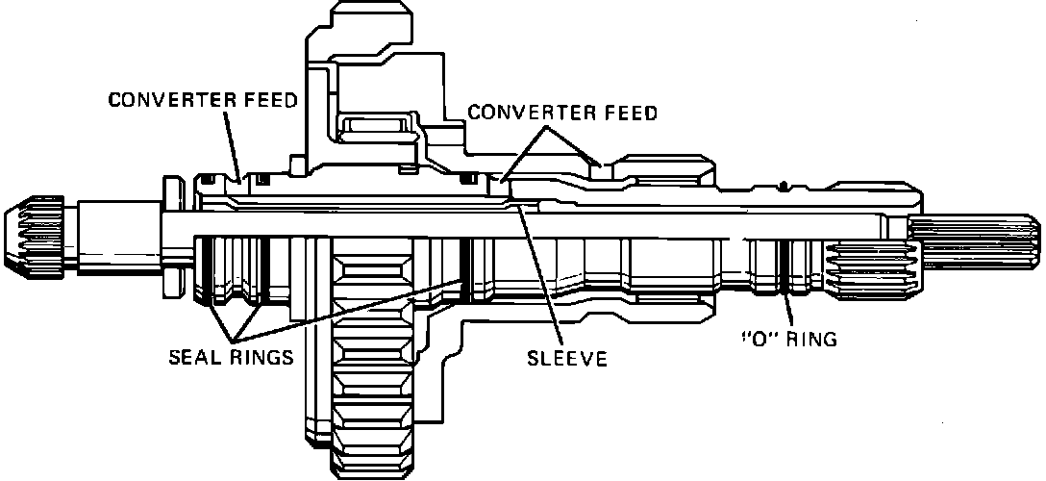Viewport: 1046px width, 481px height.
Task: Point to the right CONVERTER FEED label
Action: point(561,113)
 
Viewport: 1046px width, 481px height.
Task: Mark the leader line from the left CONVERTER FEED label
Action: point(232,144)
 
